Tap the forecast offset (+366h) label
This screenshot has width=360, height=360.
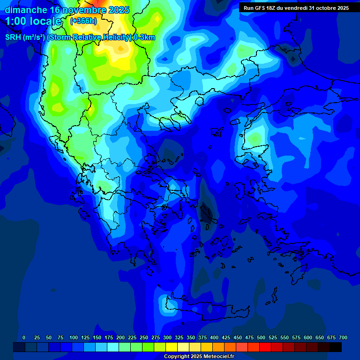tap(83, 21)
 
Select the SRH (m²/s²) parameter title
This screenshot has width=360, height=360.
tap(25, 37)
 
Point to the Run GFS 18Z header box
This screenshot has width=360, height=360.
tap(296, 8)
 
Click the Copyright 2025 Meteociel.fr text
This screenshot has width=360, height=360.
tap(199, 357)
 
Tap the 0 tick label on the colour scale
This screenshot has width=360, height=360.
tap(24, 337)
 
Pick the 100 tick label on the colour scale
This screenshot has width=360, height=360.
tap(73, 337)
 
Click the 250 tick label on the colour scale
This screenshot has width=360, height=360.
tap(144, 337)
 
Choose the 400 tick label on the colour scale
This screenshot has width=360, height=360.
tap(214, 337)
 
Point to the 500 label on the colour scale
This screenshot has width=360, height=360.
tap(261, 337)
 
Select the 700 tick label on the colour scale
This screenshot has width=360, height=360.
tap(343, 337)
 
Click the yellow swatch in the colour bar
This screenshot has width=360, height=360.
tap(172, 347)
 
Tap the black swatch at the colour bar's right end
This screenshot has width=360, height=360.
tap(336, 347)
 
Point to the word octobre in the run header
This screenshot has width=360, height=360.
tap(323, 8)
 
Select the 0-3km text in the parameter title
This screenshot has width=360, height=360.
tap(144, 37)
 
